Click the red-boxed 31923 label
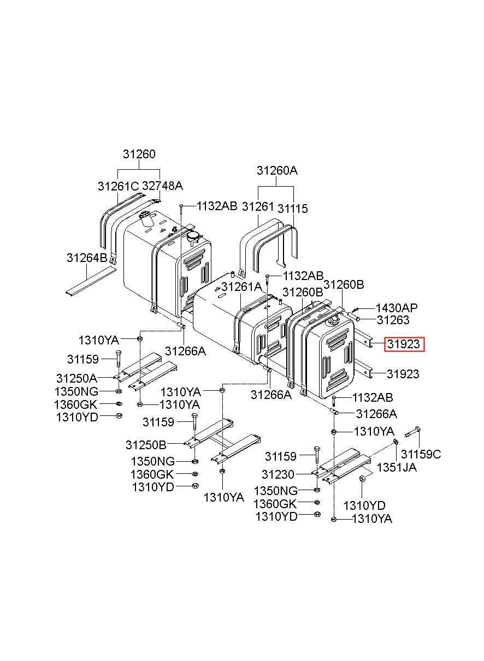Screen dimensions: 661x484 pos(404,344)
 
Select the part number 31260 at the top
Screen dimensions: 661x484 pos(139,154)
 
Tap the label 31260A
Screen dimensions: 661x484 pos(277,171)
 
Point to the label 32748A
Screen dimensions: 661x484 pos(162,186)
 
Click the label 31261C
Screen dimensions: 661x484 pos(118,186)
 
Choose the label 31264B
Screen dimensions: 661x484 pos(87,257)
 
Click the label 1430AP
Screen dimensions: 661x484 pos(396,308)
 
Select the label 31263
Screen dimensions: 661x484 pos(393,320)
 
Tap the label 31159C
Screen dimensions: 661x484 pos(421,454)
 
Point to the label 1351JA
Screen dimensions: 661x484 pos(397,467)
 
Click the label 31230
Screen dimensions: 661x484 pos(278,475)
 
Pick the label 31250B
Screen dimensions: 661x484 pos(146,444)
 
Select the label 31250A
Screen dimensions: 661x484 pos(76,378)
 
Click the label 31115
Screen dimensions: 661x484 pos(292,209)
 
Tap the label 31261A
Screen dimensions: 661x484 pos(241,287)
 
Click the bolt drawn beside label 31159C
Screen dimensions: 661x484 pos(412,434)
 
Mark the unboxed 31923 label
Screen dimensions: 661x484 pos(403,374)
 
